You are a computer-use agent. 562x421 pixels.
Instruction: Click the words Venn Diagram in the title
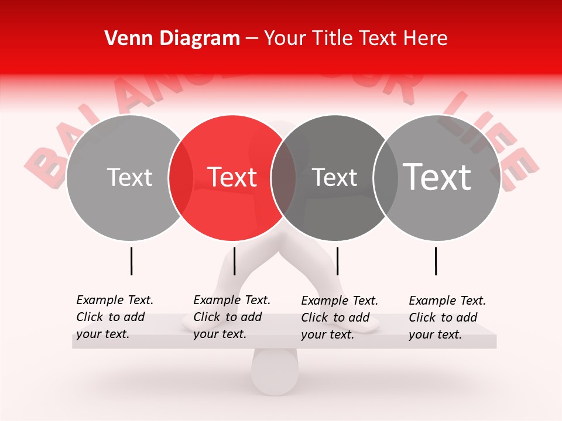click(x=172, y=39)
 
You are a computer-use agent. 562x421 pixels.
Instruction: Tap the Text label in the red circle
click(x=232, y=177)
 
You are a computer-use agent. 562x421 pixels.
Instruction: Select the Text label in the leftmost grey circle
click(x=129, y=177)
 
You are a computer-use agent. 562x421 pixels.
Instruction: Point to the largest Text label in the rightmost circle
click(x=437, y=177)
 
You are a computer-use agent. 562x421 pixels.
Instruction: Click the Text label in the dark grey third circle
click(x=335, y=177)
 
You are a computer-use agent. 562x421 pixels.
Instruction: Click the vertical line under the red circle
click(x=234, y=261)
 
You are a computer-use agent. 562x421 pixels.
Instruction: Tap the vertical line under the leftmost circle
click(x=131, y=261)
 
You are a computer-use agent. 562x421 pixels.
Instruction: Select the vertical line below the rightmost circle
click(x=436, y=261)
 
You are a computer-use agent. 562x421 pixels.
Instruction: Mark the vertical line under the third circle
click(x=337, y=261)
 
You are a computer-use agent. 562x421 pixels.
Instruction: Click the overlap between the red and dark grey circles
click(x=283, y=178)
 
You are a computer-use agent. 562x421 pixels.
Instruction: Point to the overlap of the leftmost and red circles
click(x=181, y=178)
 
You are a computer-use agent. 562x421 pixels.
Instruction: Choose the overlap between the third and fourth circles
click(x=386, y=178)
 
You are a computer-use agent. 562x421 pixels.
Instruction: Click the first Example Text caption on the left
click(x=115, y=317)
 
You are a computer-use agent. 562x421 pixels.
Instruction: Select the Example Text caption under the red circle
click(x=232, y=317)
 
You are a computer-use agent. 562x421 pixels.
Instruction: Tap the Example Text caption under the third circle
click(x=340, y=318)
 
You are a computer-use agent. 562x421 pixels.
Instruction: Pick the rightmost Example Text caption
click(x=447, y=318)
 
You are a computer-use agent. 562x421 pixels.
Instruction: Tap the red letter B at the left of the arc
click(x=44, y=164)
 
